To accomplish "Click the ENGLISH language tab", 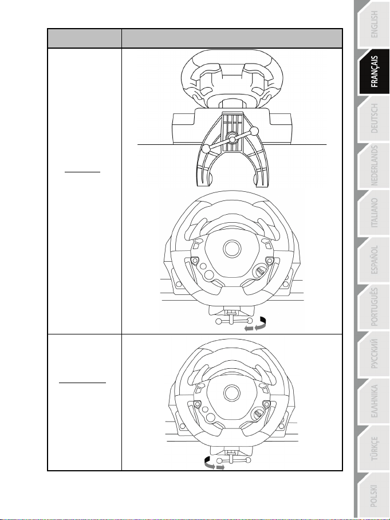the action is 373,25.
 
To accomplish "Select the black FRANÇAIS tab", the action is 373,72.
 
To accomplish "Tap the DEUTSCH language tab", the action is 373,119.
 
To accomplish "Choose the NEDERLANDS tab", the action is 373,166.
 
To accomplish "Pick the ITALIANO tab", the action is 373,212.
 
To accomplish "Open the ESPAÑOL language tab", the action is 373,259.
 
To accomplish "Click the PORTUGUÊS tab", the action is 373,307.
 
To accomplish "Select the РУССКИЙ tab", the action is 373,354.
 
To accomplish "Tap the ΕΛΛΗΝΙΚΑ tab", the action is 373,401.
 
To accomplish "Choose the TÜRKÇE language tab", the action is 373,448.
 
